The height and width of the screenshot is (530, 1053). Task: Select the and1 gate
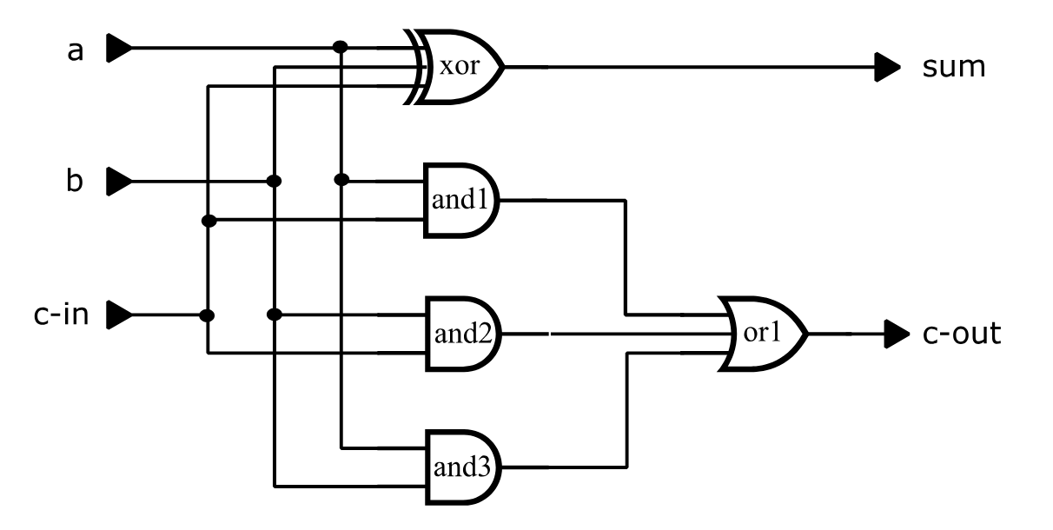458,201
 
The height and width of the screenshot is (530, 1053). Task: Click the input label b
76,182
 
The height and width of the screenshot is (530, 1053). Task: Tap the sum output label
954,67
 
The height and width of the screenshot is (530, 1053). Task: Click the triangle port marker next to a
119,49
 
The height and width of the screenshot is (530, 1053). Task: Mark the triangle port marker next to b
119,182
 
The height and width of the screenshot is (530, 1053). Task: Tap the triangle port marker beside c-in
119,315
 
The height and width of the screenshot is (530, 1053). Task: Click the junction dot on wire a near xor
341,48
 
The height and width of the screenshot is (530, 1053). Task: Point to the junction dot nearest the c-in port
208,315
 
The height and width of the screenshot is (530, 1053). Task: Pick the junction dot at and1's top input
341,181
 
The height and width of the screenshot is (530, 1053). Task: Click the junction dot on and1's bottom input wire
208,221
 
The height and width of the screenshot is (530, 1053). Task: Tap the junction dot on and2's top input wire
275,315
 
